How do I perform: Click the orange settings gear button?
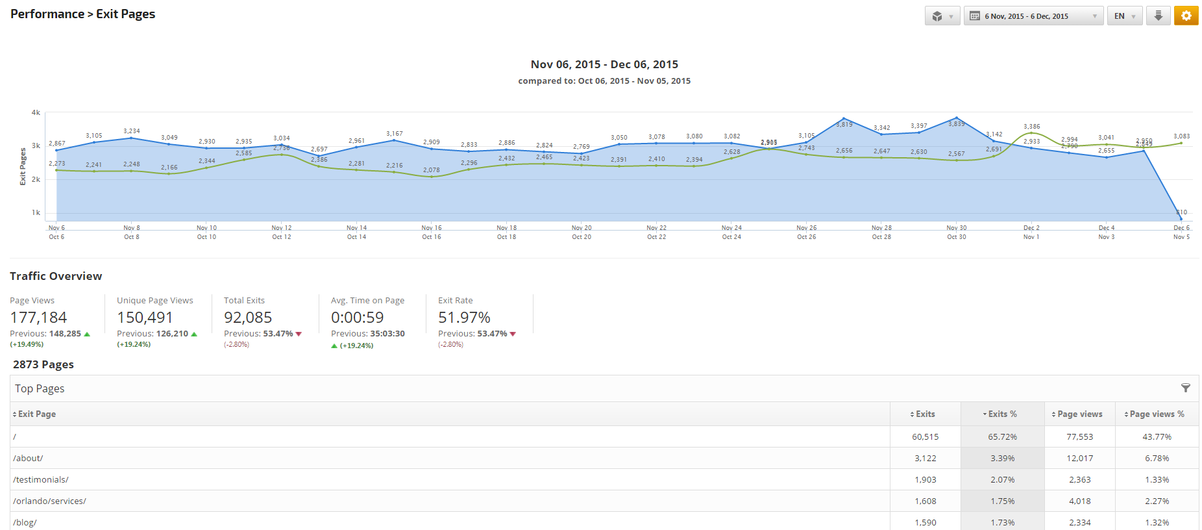click(x=1186, y=16)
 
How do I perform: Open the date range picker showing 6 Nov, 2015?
click(x=1033, y=16)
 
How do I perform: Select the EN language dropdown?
click(x=1124, y=16)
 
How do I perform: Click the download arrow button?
click(x=1158, y=16)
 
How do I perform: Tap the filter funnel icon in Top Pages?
click(x=1185, y=388)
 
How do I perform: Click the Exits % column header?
click(x=1002, y=414)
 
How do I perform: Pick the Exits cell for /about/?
click(x=925, y=458)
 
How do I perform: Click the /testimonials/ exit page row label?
click(x=41, y=479)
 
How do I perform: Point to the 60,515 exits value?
click(x=925, y=436)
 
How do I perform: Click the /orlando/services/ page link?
click(x=49, y=501)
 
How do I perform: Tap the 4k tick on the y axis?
click(x=36, y=112)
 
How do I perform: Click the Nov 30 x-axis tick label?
click(x=956, y=228)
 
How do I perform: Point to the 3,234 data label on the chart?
click(x=132, y=131)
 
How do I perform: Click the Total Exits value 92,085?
click(x=248, y=318)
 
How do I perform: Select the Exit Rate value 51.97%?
click(x=464, y=318)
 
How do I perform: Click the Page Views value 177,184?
click(x=38, y=318)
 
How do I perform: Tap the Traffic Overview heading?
click(x=56, y=276)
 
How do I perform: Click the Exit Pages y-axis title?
click(x=23, y=166)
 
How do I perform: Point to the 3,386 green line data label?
click(x=1031, y=127)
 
